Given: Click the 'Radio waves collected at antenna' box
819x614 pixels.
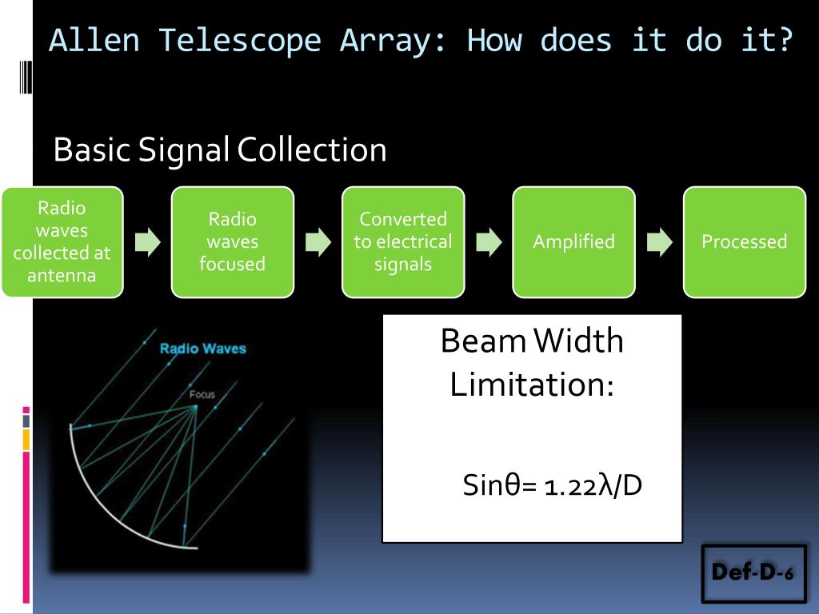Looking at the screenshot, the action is tap(62, 241).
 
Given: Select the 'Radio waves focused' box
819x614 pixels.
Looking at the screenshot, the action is tap(233, 241).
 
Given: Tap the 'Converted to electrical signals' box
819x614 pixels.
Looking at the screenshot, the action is tap(403, 241).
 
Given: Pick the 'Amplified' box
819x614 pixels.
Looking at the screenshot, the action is tap(573, 241).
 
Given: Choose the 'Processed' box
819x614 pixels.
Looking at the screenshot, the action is tap(744, 241).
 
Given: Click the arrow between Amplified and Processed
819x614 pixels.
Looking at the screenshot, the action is tap(659, 242).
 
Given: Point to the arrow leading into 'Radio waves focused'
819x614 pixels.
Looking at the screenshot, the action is tap(147, 242).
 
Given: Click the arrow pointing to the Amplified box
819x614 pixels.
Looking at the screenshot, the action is tap(489, 242).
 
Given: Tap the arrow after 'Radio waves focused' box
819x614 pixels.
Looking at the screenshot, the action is tap(318, 242).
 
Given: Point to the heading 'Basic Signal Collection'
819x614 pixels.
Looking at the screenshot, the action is tap(219, 150).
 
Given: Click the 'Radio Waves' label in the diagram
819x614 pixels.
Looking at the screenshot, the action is tap(203, 349).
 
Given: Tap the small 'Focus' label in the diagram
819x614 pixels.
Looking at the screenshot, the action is tap(202, 393).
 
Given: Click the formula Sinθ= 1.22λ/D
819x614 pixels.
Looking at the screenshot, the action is tap(553, 485).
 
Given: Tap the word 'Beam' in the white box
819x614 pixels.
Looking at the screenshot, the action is tap(481, 341).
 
